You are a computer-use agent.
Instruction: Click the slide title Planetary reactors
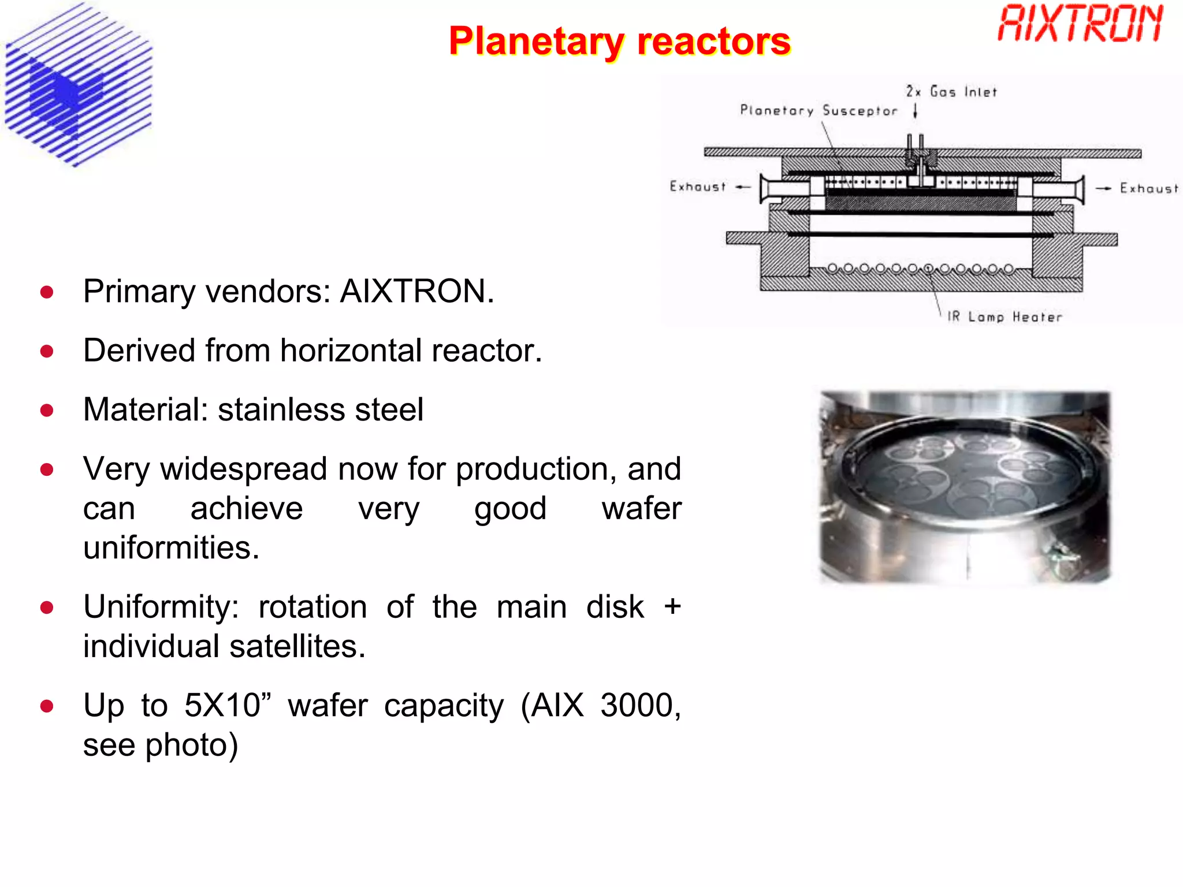[x=619, y=42]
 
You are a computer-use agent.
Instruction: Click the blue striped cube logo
[x=78, y=85]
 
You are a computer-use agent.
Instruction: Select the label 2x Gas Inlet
[x=951, y=92]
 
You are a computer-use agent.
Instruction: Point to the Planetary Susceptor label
[x=819, y=110]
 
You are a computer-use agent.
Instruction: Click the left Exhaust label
[x=697, y=187]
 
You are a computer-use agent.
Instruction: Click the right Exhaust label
[x=1148, y=188]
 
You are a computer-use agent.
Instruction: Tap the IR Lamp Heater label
[x=1005, y=316]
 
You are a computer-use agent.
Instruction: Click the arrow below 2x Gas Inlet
[x=916, y=110]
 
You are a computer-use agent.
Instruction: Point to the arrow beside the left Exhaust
[x=743, y=187]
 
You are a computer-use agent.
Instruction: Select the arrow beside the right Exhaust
[x=1103, y=188]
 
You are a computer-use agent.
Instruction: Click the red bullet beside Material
[x=47, y=411]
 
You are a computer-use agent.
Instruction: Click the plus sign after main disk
[x=672, y=606]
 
